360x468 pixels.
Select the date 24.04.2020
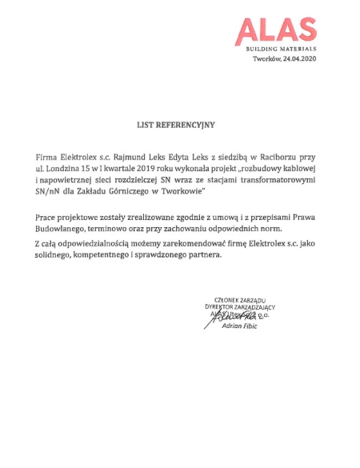(x=298, y=59)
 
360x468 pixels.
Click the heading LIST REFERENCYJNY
(x=176, y=126)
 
